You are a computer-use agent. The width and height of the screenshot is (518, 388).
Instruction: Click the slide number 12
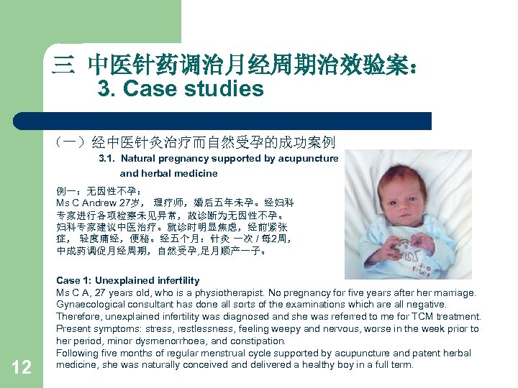point(22,367)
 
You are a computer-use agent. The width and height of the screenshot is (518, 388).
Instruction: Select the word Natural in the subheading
point(137,158)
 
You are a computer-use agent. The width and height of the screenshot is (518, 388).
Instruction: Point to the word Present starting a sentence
point(74,329)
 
